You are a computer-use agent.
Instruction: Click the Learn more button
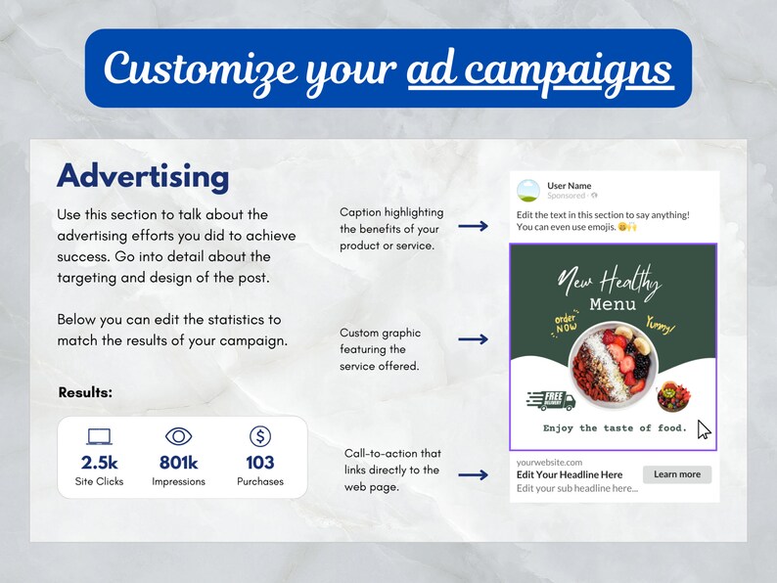[676, 474]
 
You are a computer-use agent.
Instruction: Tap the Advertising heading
[143, 176]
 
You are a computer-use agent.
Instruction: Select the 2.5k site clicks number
[99, 462]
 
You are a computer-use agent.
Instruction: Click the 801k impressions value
[178, 462]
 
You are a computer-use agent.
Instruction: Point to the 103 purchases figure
[260, 462]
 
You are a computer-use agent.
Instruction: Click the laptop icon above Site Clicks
[99, 436]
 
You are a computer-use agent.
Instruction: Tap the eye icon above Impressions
[178, 436]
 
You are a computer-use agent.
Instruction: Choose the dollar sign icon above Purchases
[260, 436]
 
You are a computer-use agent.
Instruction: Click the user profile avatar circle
[528, 191]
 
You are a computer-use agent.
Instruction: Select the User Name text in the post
[569, 186]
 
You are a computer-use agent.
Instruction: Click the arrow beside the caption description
[474, 226]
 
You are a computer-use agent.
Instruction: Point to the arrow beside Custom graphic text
[474, 339]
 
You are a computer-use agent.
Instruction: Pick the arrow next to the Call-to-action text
[474, 475]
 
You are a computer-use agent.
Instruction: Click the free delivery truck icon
[551, 399]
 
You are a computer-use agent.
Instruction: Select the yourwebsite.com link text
[549, 462]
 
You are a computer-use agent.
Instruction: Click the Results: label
[85, 392]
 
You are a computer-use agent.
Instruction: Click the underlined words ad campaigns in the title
[539, 68]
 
